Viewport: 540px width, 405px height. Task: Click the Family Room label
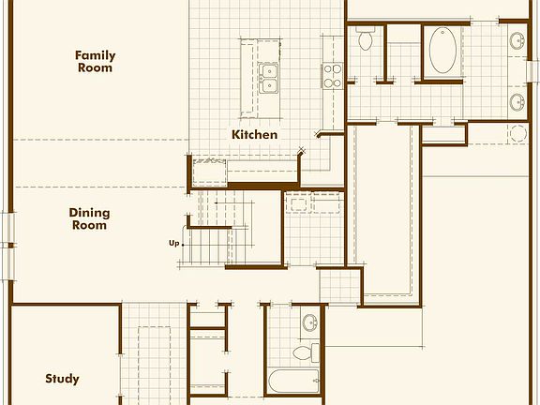click(x=95, y=61)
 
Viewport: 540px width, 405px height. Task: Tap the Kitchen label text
click(x=254, y=134)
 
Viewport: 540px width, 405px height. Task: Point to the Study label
click(x=62, y=379)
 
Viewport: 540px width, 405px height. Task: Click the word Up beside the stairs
click(x=174, y=243)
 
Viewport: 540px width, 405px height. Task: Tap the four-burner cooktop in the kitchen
click(x=333, y=74)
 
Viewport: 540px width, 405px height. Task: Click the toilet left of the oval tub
click(x=366, y=39)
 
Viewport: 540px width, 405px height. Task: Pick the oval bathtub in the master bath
click(x=442, y=51)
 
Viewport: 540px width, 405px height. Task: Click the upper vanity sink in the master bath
click(x=517, y=40)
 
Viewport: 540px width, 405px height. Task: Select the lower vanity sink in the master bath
click(x=517, y=100)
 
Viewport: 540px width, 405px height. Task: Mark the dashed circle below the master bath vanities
click(x=517, y=133)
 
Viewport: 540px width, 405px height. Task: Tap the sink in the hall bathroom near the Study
click(x=309, y=323)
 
